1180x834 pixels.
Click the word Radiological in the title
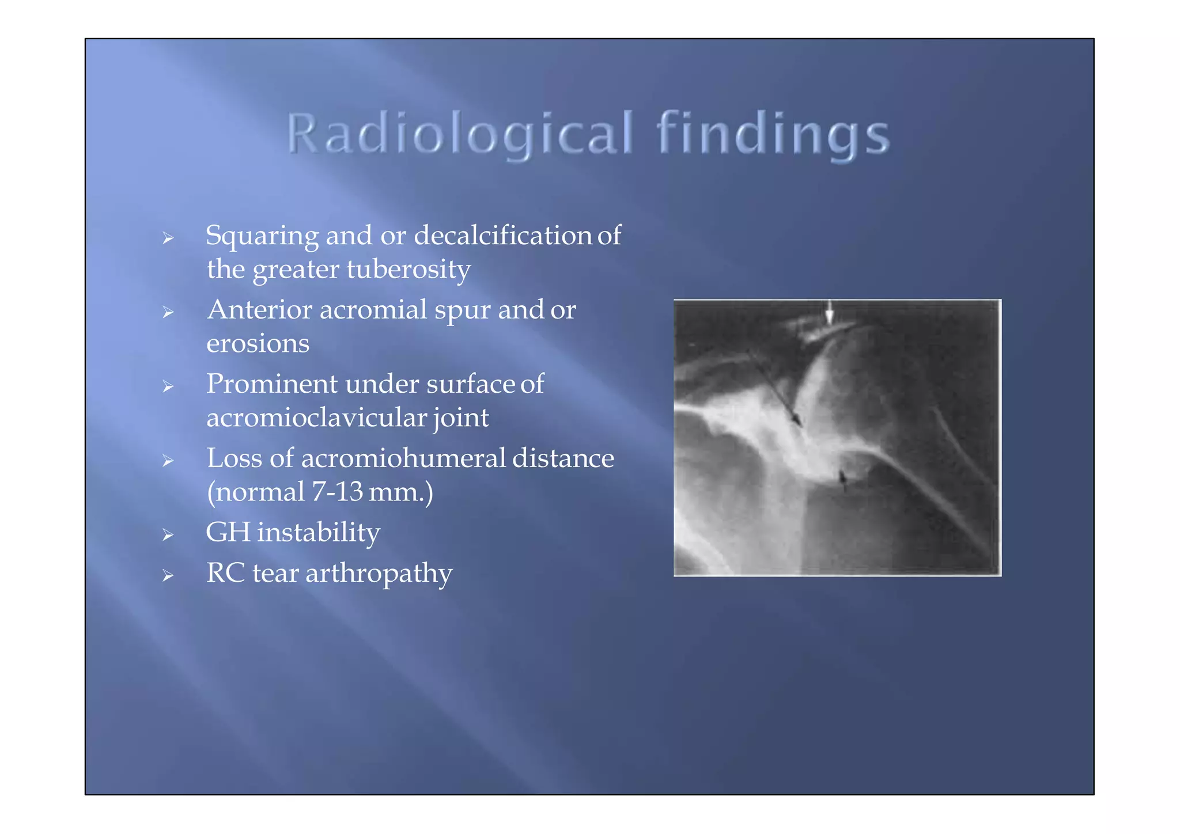point(460,134)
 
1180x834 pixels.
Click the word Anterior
point(259,310)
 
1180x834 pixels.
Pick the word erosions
point(258,344)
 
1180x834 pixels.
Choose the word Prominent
point(271,384)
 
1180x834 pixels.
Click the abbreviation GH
point(228,533)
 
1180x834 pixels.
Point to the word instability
point(319,533)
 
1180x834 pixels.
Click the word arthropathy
point(379,574)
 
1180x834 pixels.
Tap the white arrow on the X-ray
point(829,313)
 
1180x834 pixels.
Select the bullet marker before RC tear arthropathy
point(168,575)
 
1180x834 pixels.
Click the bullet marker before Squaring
point(168,238)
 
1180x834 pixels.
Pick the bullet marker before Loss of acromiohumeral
point(168,461)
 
